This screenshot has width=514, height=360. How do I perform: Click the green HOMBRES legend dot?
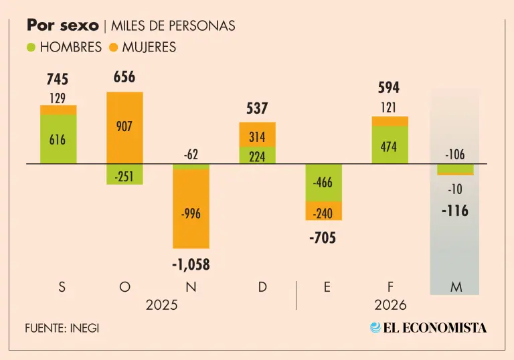tap(31, 48)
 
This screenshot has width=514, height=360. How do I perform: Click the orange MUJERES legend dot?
tap(113, 48)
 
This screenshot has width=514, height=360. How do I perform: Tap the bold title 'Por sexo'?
tap(62, 25)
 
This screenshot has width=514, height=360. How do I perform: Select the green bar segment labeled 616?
tap(58, 139)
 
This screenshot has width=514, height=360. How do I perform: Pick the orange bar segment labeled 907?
tap(124, 127)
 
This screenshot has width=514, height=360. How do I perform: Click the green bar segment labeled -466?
tap(323, 183)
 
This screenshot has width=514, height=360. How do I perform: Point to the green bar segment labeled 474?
tap(390, 145)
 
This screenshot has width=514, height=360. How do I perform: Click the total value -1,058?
tap(191, 265)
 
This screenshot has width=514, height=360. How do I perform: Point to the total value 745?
tap(58, 80)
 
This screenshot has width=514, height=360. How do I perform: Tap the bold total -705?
tap(323, 237)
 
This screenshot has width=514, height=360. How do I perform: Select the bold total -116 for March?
tap(455, 211)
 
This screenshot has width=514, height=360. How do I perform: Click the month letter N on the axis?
tap(191, 287)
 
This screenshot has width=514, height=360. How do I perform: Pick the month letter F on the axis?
tap(390, 287)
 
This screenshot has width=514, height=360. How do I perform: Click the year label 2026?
tap(390, 305)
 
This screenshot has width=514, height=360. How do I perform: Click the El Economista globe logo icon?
tap(375, 328)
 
